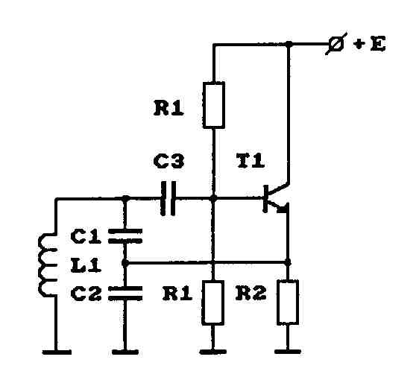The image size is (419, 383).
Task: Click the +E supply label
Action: click(x=369, y=44)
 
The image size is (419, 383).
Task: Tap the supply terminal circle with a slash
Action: click(x=336, y=43)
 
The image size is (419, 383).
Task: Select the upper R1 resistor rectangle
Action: click(x=213, y=105)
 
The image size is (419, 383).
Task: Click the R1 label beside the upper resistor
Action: click(x=168, y=108)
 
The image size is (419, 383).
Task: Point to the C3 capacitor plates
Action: click(x=168, y=198)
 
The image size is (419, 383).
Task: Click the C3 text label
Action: click(x=169, y=162)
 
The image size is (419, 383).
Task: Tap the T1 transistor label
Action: click(x=251, y=161)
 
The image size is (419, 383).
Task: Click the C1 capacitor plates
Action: click(x=125, y=236)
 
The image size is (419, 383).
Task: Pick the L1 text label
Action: click(x=86, y=265)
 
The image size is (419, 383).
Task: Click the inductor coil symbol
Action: click(x=48, y=265)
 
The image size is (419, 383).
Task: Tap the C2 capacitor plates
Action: click(x=125, y=294)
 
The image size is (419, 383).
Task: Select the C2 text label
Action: click(x=86, y=294)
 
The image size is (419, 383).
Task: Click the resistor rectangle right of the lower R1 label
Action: click(x=212, y=303)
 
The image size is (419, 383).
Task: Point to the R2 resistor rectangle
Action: click(x=288, y=302)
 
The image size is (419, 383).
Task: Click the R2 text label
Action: click(x=251, y=293)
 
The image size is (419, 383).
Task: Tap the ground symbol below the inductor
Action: click(x=57, y=352)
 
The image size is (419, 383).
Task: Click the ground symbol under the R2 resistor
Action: click(x=288, y=352)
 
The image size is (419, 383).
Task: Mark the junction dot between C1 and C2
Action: click(x=125, y=263)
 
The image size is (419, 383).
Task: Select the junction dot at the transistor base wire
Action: click(x=213, y=198)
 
